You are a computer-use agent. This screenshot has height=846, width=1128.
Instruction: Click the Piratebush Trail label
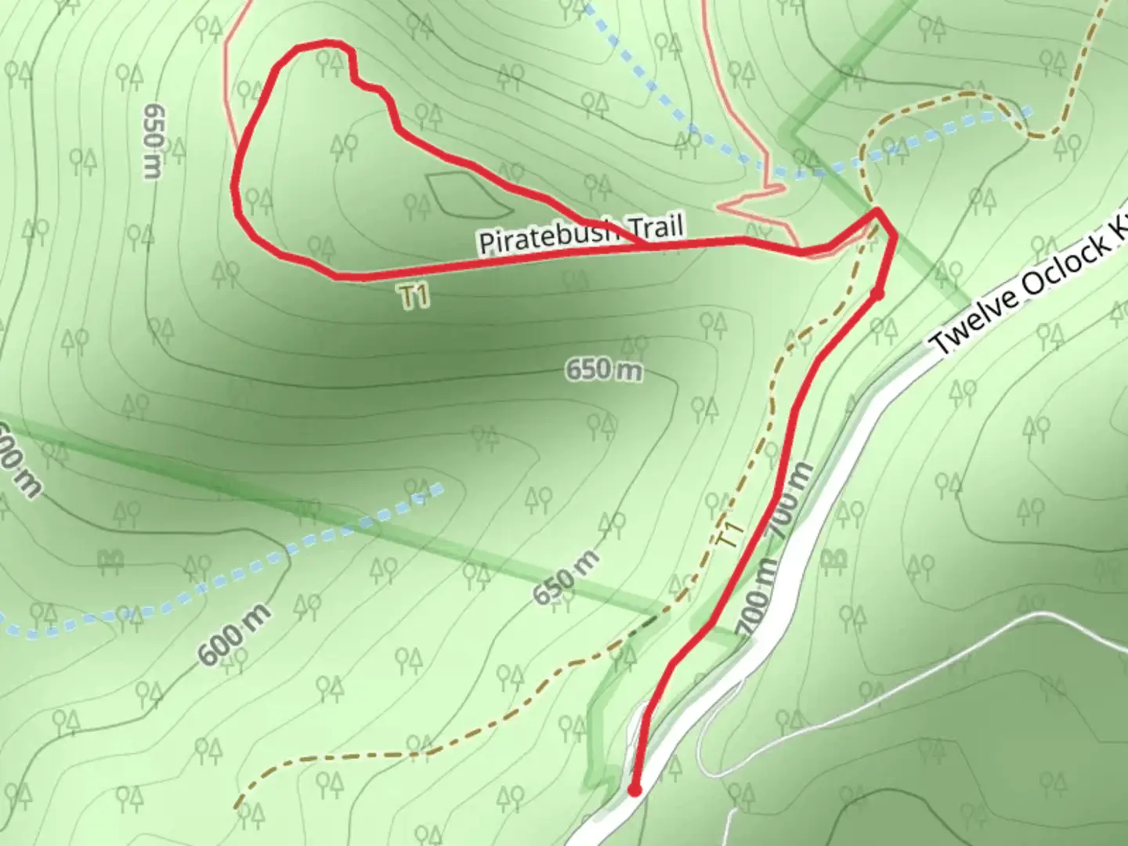(x=581, y=233)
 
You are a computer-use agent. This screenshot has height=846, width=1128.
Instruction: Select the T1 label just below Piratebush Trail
(x=414, y=296)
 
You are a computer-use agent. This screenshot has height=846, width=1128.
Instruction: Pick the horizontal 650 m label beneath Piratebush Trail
(x=603, y=369)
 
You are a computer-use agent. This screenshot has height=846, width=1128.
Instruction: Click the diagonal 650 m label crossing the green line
(x=567, y=577)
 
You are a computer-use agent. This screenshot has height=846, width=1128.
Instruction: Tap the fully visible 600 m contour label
(x=234, y=634)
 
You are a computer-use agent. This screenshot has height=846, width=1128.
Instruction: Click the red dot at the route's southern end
(x=634, y=790)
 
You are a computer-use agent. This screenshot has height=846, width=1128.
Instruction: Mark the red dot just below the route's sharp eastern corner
(x=877, y=294)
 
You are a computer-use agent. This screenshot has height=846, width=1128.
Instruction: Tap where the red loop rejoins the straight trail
(x=644, y=246)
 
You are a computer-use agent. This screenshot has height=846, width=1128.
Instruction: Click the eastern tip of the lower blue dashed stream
(x=440, y=488)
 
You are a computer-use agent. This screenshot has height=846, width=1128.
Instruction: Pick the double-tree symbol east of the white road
(x=835, y=558)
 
